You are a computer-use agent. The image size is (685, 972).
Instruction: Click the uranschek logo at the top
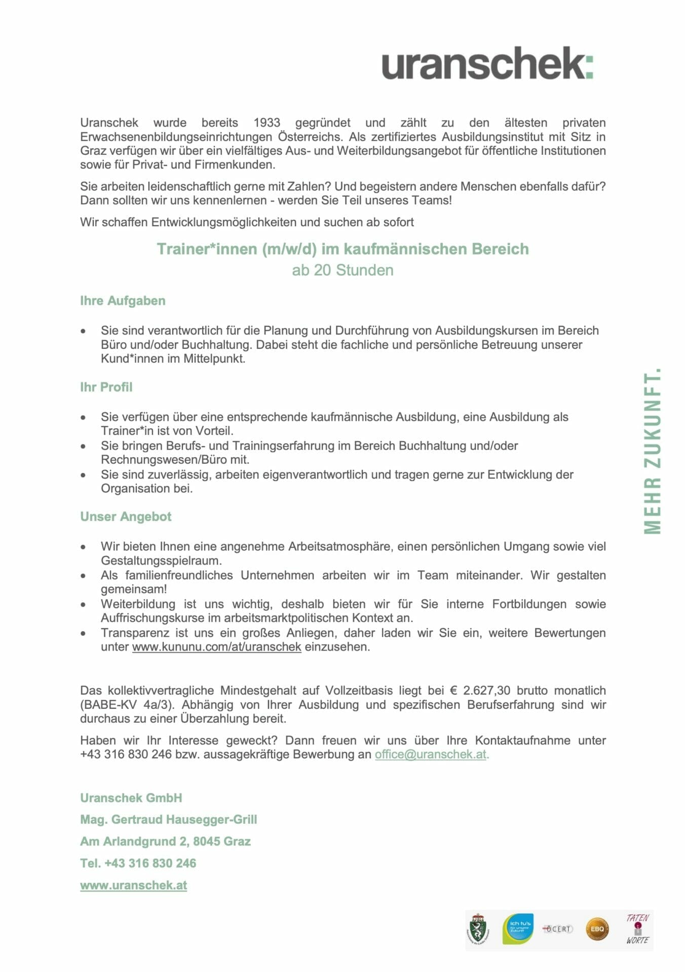487,63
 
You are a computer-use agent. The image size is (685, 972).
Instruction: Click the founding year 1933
267,123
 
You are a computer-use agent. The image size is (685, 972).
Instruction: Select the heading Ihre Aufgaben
123,301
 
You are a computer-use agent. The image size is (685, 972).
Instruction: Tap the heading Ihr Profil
106,387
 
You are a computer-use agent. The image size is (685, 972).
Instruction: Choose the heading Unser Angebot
126,517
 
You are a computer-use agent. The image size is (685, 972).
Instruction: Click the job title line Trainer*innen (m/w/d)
342,249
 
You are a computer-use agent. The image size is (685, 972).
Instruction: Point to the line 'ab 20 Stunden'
342,270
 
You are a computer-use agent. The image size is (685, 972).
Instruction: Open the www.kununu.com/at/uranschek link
216,647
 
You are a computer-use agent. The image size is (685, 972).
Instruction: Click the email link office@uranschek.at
430,754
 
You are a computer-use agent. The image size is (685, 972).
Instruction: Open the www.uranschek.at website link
133,885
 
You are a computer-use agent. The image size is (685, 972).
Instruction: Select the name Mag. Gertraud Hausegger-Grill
168,820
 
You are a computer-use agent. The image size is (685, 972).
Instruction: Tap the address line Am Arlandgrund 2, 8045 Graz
165,841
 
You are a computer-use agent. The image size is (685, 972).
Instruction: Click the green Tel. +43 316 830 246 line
138,863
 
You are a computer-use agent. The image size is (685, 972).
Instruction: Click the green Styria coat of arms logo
478,929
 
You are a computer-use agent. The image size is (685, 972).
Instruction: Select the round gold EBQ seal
597,929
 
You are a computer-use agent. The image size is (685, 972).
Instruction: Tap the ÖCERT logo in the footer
557,929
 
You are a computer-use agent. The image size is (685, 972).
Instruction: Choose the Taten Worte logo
637,929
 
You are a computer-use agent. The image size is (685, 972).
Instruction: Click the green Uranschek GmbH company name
131,798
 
